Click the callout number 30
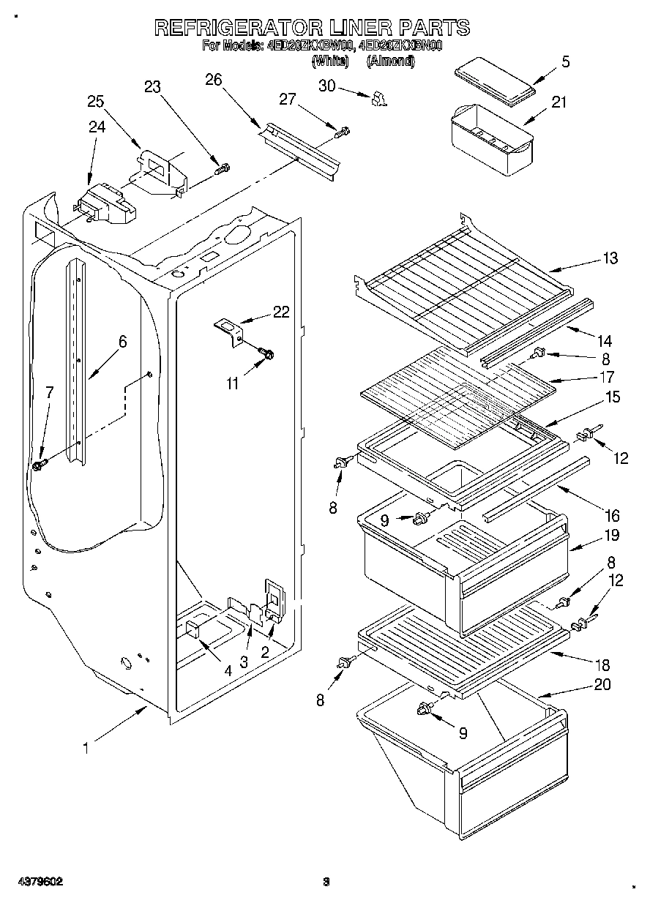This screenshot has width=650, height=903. click(x=326, y=86)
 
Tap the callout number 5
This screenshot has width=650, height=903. click(x=564, y=62)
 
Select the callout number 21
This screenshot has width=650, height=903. click(x=559, y=102)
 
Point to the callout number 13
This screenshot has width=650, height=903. click(x=609, y=258)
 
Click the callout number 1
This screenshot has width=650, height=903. click(x=86, y=749)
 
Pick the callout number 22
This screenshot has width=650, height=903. click(x=281, y=312)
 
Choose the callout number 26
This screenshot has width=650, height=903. click(x=213, y=80)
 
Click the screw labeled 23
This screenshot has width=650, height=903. click(x=221, y=168)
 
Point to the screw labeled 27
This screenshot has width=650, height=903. click(x=342, y=132)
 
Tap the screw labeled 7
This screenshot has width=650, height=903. click(x=40, y=463)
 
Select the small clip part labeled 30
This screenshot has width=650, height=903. click(x=378, y=98)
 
